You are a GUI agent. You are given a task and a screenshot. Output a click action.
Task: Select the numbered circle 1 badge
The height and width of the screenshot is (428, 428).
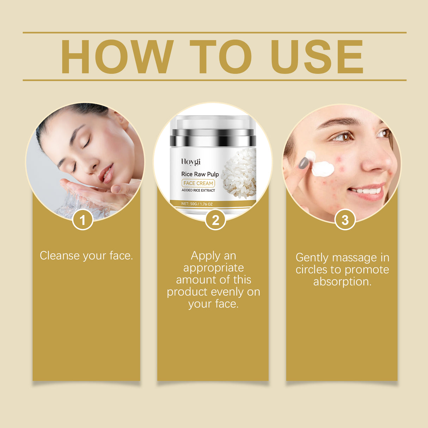click(82, 220)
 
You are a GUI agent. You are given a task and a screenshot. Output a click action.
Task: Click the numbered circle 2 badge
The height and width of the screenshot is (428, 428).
click(215, 220)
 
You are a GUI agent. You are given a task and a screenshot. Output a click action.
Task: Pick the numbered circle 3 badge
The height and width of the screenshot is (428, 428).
click(345, 220)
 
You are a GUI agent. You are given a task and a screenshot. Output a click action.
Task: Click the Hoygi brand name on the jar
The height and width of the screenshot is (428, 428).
click(191, 162)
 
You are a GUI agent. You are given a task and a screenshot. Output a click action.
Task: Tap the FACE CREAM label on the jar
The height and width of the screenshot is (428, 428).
click(198, 183)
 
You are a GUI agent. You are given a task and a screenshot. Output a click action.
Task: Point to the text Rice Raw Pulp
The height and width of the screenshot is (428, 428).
click(200, 174)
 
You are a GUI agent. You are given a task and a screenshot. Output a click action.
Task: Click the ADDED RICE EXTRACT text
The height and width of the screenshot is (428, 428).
click(198, 190)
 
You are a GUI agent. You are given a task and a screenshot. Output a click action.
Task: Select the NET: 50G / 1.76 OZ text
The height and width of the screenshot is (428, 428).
click(197, 204)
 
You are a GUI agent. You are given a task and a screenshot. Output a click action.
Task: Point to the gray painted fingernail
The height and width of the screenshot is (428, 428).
click(304, 163)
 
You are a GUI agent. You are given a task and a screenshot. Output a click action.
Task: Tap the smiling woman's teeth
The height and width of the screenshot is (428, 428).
click(367, 191)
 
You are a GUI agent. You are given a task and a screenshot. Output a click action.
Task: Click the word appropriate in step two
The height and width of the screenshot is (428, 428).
click(213, 268)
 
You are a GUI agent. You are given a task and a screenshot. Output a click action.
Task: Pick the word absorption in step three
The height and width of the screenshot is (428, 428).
click(342, 282)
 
